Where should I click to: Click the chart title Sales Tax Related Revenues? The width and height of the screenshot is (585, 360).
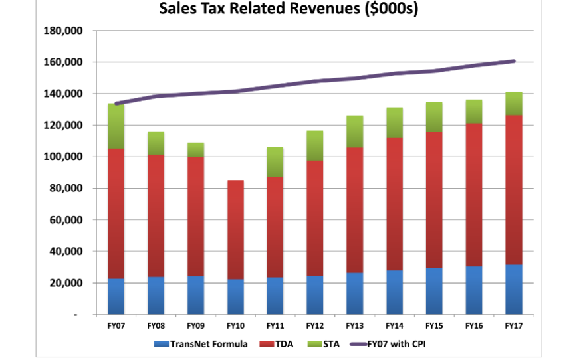pos(288,9)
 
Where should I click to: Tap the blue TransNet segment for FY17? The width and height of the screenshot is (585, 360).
pos(513,290)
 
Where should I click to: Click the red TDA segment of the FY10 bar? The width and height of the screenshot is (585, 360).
pos(235,230)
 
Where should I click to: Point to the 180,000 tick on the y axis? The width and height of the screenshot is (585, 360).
pos(62,31)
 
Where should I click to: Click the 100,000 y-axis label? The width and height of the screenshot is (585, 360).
pos(62,157)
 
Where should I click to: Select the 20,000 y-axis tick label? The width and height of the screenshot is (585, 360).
pos(65,283)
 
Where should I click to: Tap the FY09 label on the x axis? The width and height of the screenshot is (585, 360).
pos(195,326)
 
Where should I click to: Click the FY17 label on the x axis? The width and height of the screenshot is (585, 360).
pos(513,326)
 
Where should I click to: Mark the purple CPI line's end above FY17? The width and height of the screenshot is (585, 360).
pos(513,61)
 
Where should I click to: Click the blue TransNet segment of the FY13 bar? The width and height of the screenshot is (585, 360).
pos(354,294)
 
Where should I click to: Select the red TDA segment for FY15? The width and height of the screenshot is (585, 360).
pos(433,200)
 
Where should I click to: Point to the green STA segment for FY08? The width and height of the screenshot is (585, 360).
pos(156,143)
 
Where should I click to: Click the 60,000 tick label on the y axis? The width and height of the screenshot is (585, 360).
pos(65,220)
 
